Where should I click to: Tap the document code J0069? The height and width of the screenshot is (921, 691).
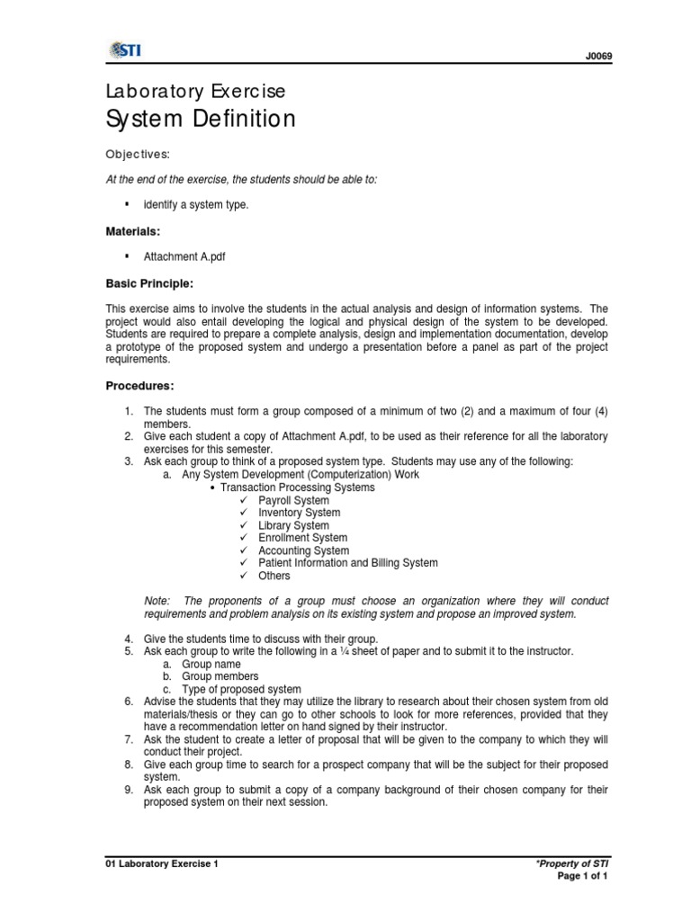597,57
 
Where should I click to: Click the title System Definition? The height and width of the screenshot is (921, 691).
201,119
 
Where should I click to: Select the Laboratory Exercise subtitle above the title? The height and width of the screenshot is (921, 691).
195,91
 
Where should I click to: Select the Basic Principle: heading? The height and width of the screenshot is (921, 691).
149,283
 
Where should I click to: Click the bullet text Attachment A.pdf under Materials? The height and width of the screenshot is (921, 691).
184,256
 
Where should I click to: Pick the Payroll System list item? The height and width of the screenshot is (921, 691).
293,500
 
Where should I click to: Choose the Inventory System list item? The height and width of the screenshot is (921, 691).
299,513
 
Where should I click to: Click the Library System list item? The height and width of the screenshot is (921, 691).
293,525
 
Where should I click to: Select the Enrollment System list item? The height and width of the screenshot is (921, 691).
302,538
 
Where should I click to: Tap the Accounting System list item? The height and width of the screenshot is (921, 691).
303,550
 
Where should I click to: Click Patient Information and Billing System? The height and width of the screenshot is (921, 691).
347,563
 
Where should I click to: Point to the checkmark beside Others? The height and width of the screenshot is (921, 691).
243,576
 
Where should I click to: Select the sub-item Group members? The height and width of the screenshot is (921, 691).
220,676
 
